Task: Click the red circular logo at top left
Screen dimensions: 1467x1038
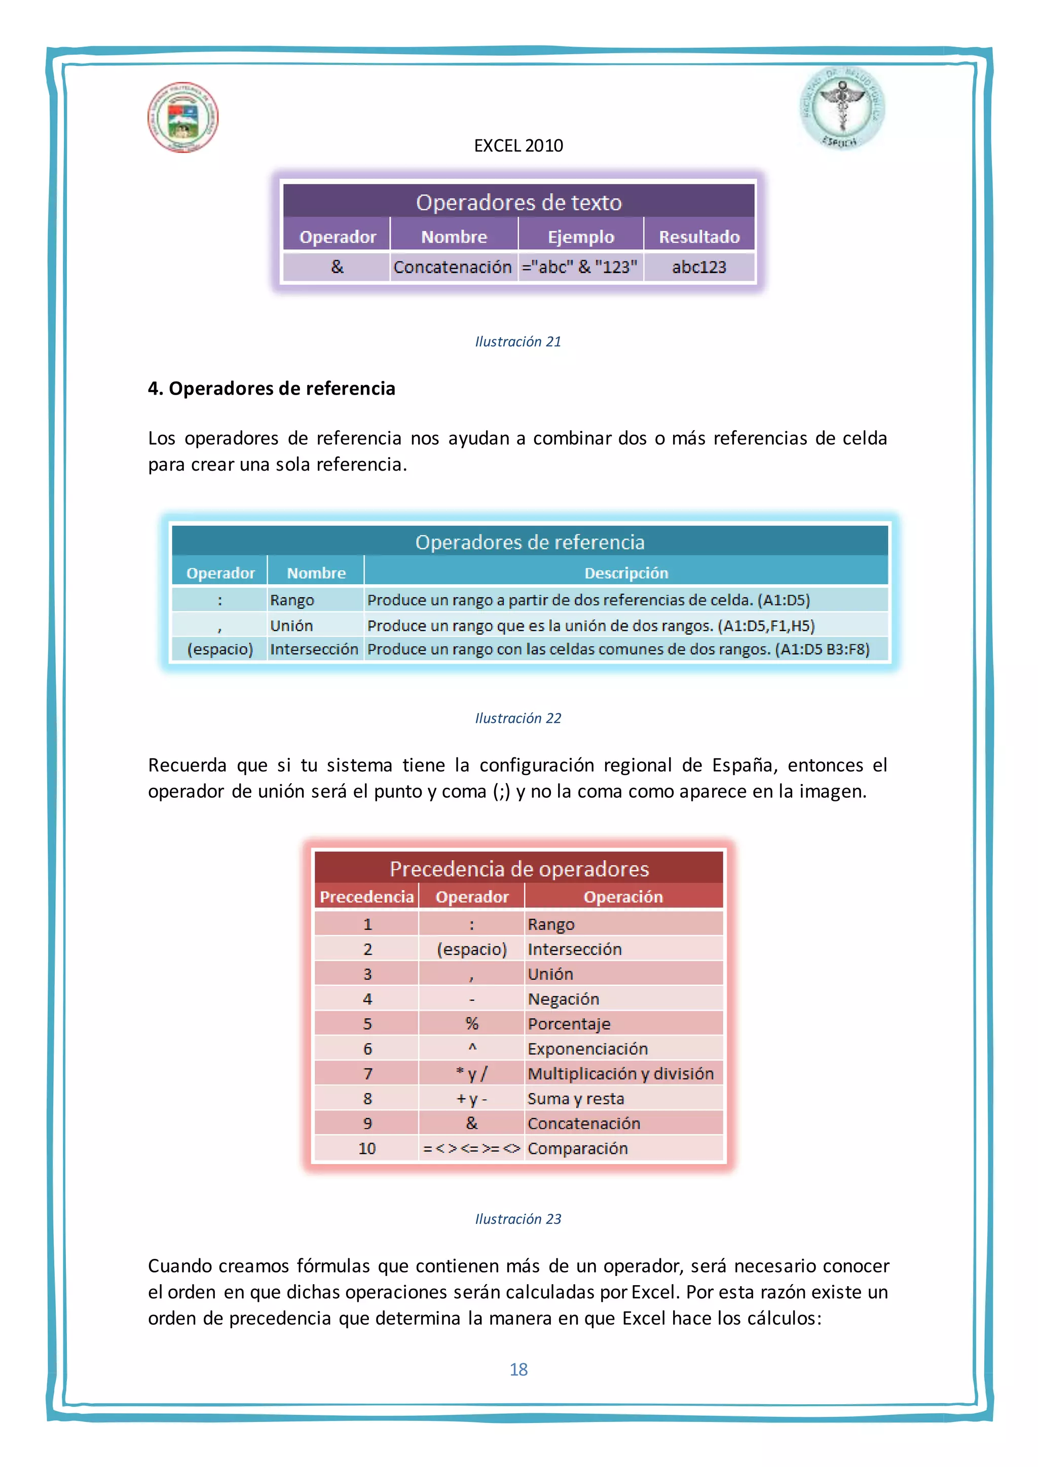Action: pos(183,118)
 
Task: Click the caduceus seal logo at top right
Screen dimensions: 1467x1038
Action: pos(842,107)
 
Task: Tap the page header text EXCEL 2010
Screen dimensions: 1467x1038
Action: pos(518,146)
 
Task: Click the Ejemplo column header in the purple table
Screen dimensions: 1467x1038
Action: pos(580,237)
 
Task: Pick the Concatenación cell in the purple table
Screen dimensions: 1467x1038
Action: pos(453,267)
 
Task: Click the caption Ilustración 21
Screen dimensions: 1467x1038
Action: pos(517,342)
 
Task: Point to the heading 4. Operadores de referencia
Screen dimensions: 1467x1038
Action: pos(272,389)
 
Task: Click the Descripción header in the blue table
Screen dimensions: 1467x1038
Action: pos(626,573)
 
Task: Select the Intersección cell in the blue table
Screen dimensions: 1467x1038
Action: pos(314,649)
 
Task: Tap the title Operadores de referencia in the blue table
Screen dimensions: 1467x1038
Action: pos(530,543)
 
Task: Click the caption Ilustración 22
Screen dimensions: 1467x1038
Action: pos(517,718)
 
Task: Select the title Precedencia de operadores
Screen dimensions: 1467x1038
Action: pos(519,869)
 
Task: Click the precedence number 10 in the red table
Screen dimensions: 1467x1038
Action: pos(367,1148)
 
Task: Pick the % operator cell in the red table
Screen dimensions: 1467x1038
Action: pos(472,1024)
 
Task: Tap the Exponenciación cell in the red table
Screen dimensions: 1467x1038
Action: pos(587,1049)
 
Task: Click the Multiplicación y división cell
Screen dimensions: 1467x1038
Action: pos(620,1073)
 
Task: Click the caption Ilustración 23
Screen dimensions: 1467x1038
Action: pos(517,1219)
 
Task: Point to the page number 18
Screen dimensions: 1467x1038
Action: pos(518,1369)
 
